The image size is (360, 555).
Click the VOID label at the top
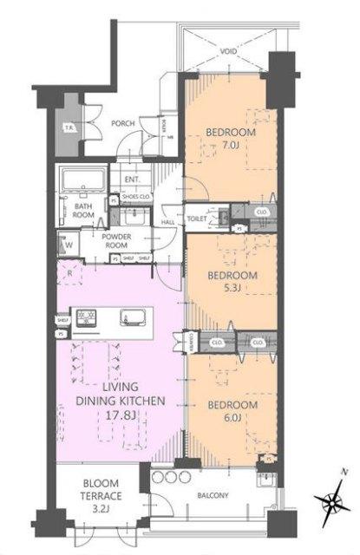pyautogui.click(x=228, y=52)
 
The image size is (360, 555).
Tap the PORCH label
pyautogui.click(x=123, y=123)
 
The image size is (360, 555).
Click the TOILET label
pyautogui.click(x=196, y=219)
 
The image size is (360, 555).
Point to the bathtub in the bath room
pyautogui.click(x=82, y=181)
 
